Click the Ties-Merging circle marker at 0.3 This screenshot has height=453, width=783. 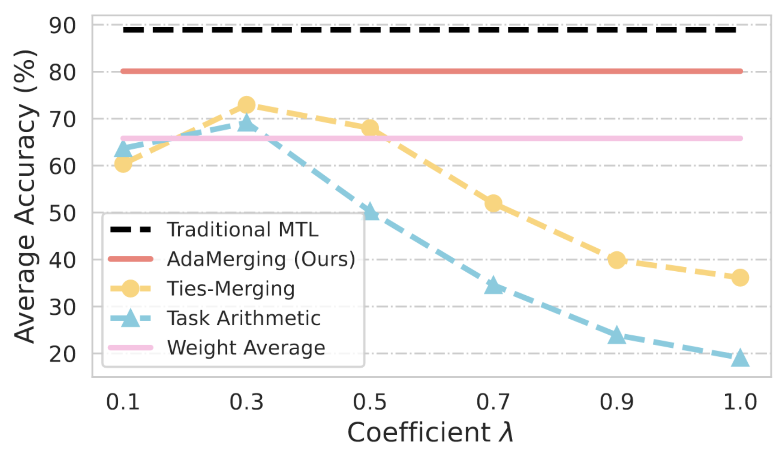[246, 105]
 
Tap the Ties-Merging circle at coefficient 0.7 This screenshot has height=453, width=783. [494, 203]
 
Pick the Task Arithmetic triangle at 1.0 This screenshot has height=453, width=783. [740, 358]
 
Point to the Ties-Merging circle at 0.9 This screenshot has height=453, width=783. [617, 260]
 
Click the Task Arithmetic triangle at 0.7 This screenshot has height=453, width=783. [494, 286]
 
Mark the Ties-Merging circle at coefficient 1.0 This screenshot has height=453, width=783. [740, 278]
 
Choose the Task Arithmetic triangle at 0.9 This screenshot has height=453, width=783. [617, 335]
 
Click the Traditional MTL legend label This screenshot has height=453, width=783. [243, 230]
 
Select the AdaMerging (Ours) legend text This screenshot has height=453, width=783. [261, 259]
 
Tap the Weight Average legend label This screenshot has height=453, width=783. [246, 348]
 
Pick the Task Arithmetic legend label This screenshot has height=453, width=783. [244, 318]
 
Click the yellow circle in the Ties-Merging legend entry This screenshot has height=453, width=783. [131, 289]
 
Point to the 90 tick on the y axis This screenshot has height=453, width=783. [62, 26]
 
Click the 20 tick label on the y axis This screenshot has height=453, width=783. [62, 355]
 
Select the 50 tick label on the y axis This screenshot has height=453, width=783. [62, 213]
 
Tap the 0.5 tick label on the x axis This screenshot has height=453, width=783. [370, 402]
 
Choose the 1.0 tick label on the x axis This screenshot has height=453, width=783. [740, 402]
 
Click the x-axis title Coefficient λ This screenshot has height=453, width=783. [430, 432]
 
